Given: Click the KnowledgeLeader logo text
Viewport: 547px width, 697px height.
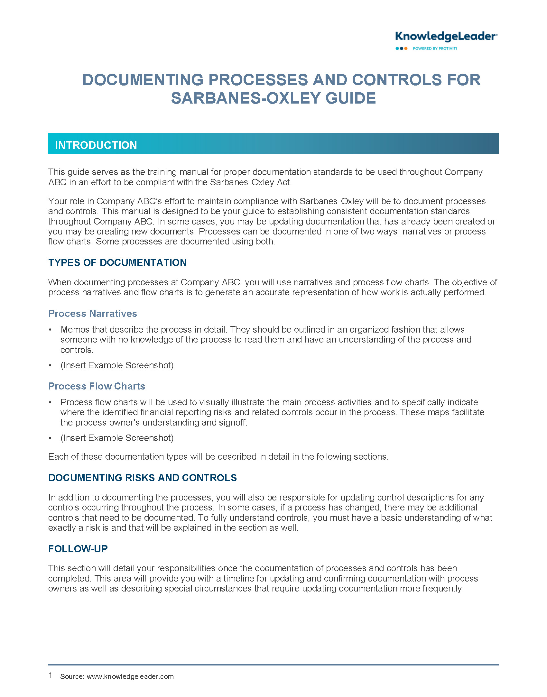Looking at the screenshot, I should pos(446,37).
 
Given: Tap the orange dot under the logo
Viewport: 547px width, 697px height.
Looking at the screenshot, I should pos(406,49).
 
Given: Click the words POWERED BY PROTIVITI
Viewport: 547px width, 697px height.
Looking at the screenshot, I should pos(435,49).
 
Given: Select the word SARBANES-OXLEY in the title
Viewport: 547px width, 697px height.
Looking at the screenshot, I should pos(246,98).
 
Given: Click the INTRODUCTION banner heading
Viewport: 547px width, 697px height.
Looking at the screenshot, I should pos(96,145).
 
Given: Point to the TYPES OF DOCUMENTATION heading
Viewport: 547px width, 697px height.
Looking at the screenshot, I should pos(117,262).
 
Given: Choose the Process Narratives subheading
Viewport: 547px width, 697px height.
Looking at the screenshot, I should pos(93,313).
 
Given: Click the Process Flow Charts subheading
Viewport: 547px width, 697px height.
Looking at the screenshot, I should pos(97,386).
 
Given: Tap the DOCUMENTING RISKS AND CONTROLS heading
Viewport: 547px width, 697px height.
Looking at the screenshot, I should pos(142,478).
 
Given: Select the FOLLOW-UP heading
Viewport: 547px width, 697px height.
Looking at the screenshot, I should pos(78,549).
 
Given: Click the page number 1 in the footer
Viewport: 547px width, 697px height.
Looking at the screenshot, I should pos(50,675).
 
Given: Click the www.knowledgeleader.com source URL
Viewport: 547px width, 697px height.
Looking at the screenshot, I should pos(130,676).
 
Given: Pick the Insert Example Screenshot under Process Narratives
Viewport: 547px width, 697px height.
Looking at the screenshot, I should pos(117,365).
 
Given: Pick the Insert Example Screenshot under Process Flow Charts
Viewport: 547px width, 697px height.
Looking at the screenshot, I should pos(117,438).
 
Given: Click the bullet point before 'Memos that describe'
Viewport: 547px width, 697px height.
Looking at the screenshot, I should pos(50,330).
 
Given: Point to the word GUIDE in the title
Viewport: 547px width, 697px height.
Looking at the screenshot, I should pos(350,98).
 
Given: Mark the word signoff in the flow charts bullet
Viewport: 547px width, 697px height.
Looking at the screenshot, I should pos(232,423).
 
